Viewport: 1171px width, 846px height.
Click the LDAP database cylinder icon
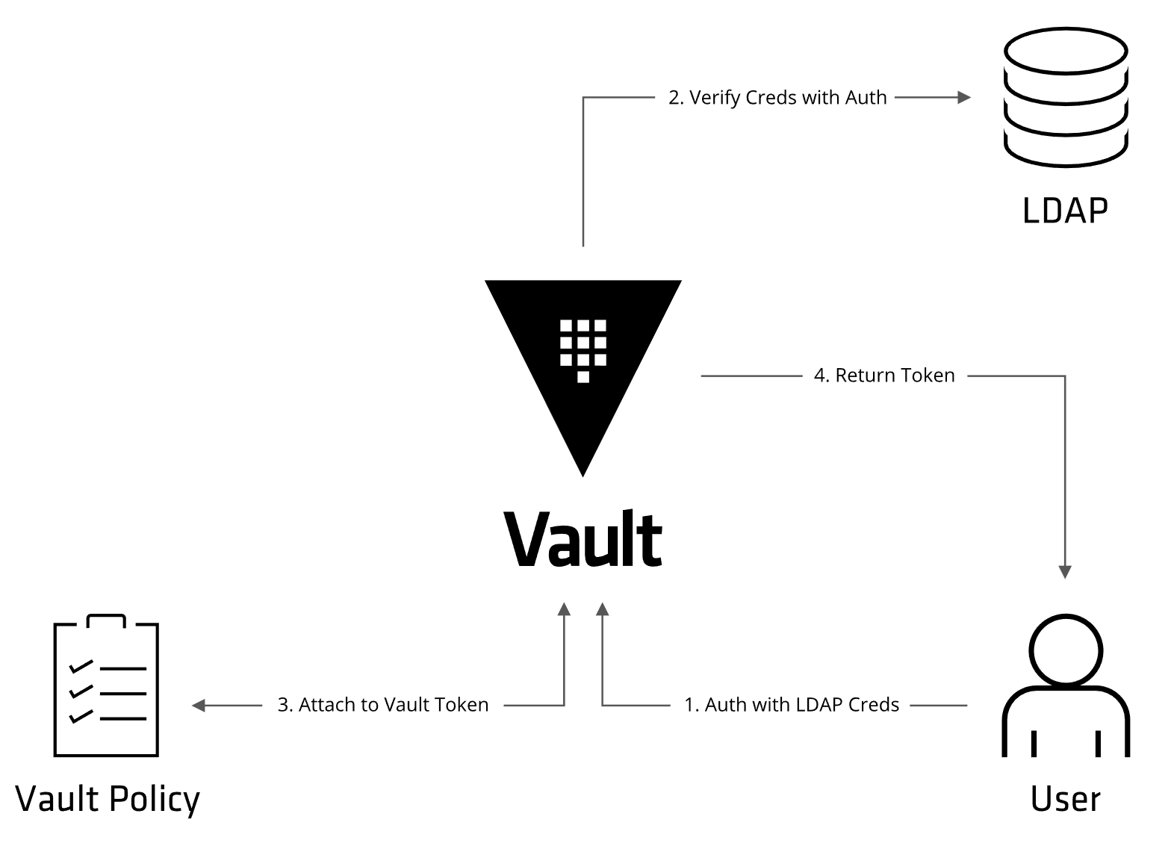pyautogui.click(x=1065, y=97)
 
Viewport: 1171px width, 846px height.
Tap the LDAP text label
pyautogui.click(x=1065, y=211)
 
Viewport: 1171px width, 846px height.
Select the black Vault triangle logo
pyautogui.click(x=583, y=358)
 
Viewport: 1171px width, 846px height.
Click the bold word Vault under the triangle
pyautogui.click(x=583, y=539)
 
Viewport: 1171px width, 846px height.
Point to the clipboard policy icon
pyautogui.click(x=107, y=687)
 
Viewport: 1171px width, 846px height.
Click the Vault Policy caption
pyautogui.click(x=108, y=799)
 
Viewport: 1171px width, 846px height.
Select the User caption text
pyautogui.click(x=1066, y=799)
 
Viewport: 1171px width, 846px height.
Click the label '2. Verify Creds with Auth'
pyautogui.click(x=777, y=98)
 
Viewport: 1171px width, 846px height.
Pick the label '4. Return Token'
pyautogui.click(x=884, y=376)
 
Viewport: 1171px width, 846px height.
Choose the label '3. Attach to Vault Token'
pyautogui.click(x=383, y=705)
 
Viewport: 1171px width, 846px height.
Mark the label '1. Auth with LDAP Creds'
pyautogui.click(x=792, y=705)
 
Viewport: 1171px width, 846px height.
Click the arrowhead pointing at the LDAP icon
pyautogui.click(x=964, y=97)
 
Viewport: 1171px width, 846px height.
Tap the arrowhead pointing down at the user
pyautogui.click(x=1066, y=573)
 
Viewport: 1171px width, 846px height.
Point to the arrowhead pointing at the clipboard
pyautogui.click(x=199, y=705)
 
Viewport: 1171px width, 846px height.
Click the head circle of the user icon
pyautogui.click(x=1066, y=650)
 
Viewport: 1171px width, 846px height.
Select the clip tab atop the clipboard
pyautogui.click(x=106, y=621)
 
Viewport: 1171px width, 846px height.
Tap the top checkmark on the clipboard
pyautogui.click(x=80, y=666)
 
